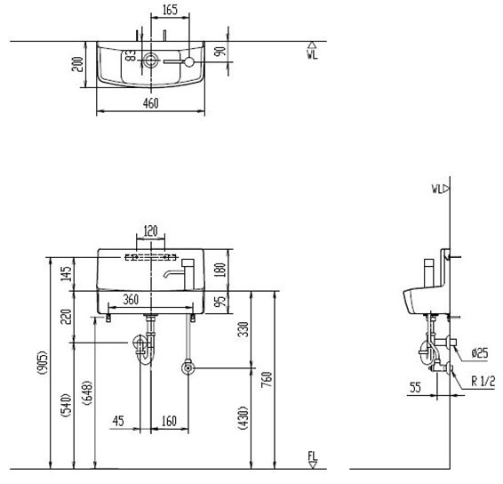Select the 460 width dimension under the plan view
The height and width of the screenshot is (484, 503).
(150, 104)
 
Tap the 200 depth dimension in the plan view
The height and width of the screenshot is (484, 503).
(78, 64)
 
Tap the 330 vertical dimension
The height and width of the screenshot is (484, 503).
(243, 330)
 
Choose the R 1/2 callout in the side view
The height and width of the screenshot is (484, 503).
(483, 381)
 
